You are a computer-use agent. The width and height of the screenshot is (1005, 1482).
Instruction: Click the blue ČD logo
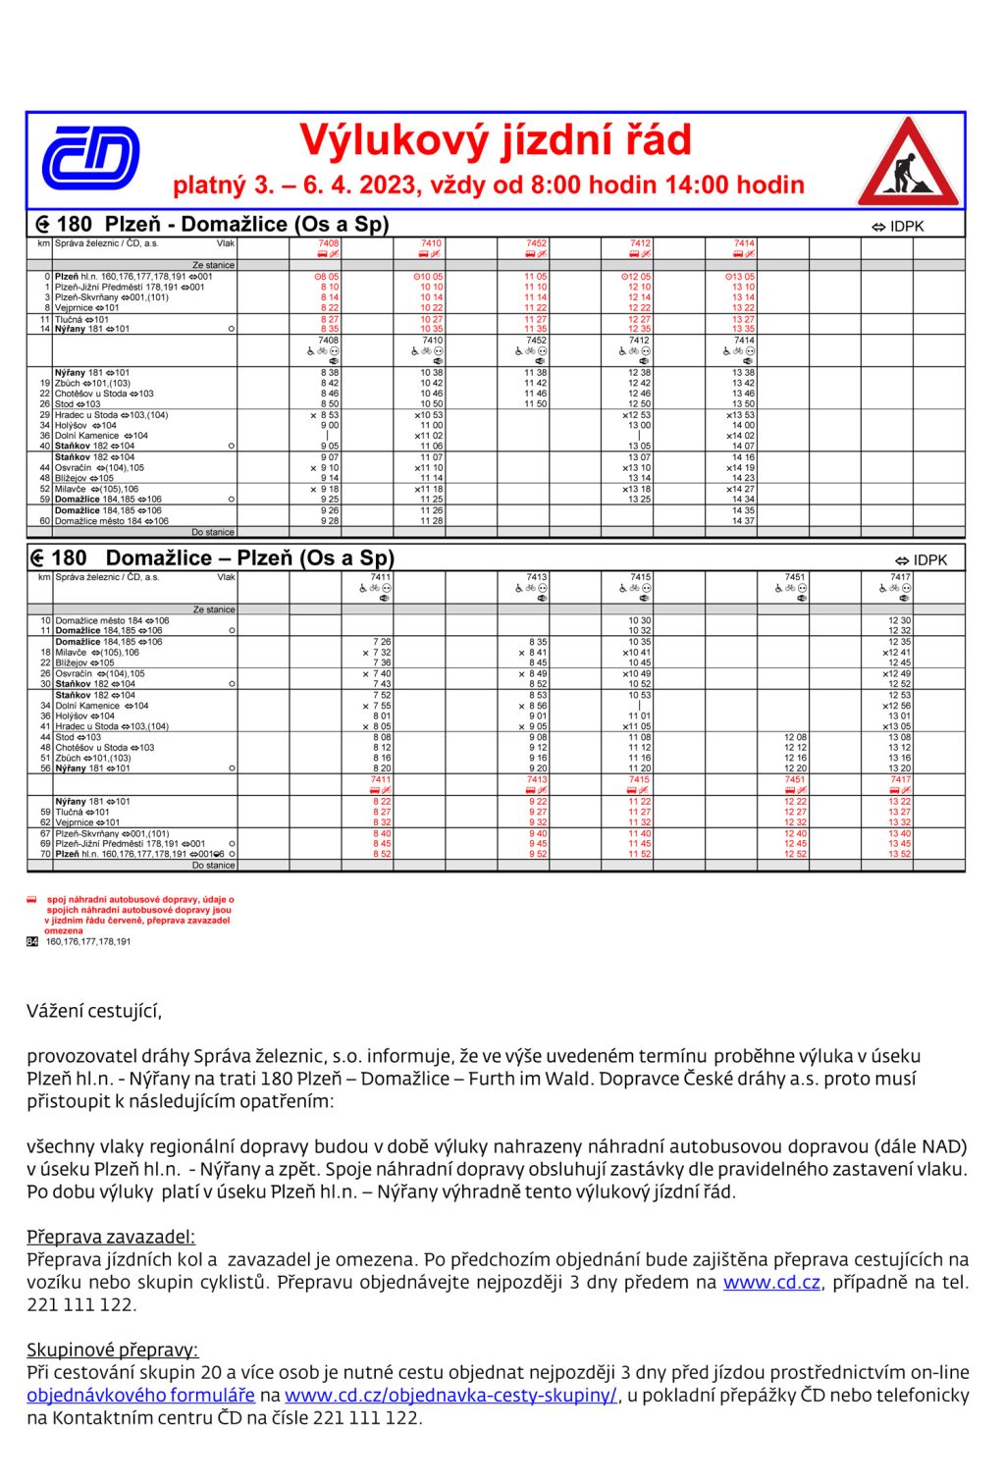(x=90, y=158)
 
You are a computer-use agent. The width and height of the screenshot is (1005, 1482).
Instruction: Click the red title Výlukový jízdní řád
(x=495, y=140)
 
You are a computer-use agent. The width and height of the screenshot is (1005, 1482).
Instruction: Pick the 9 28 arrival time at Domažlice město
(x=330, y=521)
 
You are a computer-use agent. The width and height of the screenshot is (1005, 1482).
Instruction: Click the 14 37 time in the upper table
(x=743, y=521)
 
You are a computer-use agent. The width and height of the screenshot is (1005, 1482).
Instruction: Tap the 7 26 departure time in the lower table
(x=382, y=642)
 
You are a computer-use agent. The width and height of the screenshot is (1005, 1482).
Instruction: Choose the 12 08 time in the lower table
(x=795, y=737)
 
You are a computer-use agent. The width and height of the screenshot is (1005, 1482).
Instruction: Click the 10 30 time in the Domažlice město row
(x=639, y=620)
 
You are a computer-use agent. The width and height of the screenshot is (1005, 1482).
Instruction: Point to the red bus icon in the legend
(x=31, y=899)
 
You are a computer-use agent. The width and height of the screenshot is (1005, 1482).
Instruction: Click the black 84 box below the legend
(x=32, y=941)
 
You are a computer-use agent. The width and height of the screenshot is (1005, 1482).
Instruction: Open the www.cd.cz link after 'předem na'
(x=771, y=1283)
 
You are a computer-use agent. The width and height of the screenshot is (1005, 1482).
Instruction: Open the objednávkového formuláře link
(x=141, y=1396)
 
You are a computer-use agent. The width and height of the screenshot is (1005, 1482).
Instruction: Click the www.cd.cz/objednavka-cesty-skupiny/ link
(x=450, y=1396)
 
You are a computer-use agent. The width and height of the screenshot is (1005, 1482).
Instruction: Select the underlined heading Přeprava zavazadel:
(x=111, y=1237)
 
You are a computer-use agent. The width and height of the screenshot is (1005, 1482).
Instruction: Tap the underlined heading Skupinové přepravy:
(x=112, y=1350)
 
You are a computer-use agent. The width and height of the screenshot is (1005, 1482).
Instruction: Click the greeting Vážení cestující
(x=94, y=1011)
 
